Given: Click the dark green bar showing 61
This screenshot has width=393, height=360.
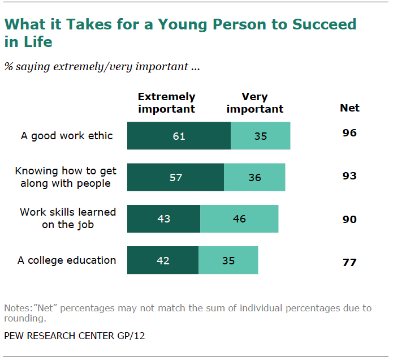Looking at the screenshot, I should (179, 136).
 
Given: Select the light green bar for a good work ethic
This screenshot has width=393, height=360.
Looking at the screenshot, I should (260, 136).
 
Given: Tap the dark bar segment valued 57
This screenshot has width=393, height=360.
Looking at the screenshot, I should (175, 177).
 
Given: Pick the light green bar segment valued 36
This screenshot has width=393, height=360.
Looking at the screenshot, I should (254, 177).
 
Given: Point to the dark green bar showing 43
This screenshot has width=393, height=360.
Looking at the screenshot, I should (163, 218).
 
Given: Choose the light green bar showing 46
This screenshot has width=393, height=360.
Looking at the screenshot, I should (239, 218).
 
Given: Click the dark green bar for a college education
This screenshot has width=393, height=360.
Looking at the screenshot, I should (163, 260).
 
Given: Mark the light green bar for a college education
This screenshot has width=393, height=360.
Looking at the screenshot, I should (228, 260).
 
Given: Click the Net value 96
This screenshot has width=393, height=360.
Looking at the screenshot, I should (349, 134).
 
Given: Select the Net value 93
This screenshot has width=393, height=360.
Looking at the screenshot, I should (349, 176).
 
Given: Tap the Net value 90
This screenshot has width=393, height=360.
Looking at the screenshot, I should (349, 219).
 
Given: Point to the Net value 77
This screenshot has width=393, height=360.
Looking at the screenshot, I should (349, 263).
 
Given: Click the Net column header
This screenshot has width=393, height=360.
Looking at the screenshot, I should (349, 108).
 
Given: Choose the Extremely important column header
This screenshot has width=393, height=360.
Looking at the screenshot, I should (166, 102).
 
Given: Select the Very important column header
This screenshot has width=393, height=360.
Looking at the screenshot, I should (254, 102).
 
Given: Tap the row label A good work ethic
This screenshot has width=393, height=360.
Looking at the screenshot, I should (67, 136).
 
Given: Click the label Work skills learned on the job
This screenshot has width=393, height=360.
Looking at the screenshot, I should (68, 217).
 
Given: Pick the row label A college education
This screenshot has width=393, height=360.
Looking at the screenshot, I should (67, 260).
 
